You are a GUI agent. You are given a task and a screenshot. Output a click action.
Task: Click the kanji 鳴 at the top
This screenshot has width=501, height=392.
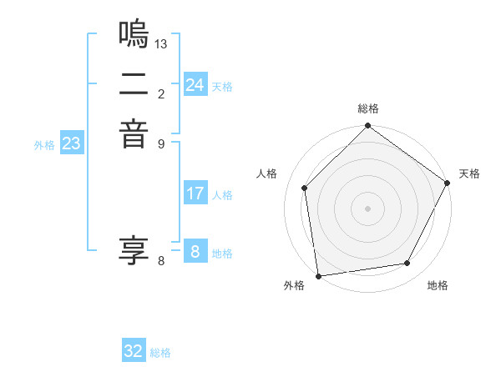tap(134, 33)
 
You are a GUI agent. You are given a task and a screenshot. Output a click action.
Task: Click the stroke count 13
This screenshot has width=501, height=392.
tap(161, 43)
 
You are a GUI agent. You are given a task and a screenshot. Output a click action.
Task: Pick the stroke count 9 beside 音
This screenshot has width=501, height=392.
tap(161, 143)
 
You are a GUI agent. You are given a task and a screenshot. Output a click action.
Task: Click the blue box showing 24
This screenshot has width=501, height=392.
tap(195, 85)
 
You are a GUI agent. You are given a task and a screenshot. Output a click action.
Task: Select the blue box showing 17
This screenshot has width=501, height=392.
tap(195, 193)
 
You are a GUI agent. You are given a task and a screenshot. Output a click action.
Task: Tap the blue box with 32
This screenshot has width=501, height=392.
tap(134, 351)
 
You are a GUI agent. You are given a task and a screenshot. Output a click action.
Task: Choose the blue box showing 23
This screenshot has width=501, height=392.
tap(72, 143)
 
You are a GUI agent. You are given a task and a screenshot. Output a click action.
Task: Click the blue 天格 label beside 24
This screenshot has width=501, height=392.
tap(222, 87)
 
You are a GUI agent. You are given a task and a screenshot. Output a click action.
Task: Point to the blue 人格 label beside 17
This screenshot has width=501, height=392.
tap(222, 195)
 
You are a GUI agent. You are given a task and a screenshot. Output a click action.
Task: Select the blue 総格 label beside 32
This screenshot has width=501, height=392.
tap(160, 353)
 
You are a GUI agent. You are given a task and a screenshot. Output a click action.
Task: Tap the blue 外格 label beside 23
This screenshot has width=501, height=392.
tap(44, 145)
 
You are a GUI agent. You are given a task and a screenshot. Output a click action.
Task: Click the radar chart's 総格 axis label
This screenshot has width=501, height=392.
tap(368, 109)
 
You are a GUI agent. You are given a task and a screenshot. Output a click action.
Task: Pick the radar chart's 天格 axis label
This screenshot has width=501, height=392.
tap(469, 173)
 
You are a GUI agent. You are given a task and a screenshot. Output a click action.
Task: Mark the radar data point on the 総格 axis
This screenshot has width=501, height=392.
tap(368, 127)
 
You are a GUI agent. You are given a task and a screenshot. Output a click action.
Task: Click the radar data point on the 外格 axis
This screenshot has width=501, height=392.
tap(318, 275)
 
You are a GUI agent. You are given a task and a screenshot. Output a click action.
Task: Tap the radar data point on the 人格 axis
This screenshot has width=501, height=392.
tap(305, 188)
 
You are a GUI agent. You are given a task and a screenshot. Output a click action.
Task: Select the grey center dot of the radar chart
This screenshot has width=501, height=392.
tap(368, 208)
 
